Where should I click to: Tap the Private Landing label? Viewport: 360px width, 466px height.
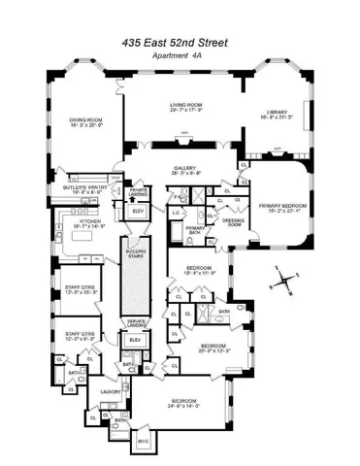point(138,191)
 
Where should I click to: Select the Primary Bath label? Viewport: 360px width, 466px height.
point(195,230)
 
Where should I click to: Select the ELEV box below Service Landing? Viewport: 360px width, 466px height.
point(134,342)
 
